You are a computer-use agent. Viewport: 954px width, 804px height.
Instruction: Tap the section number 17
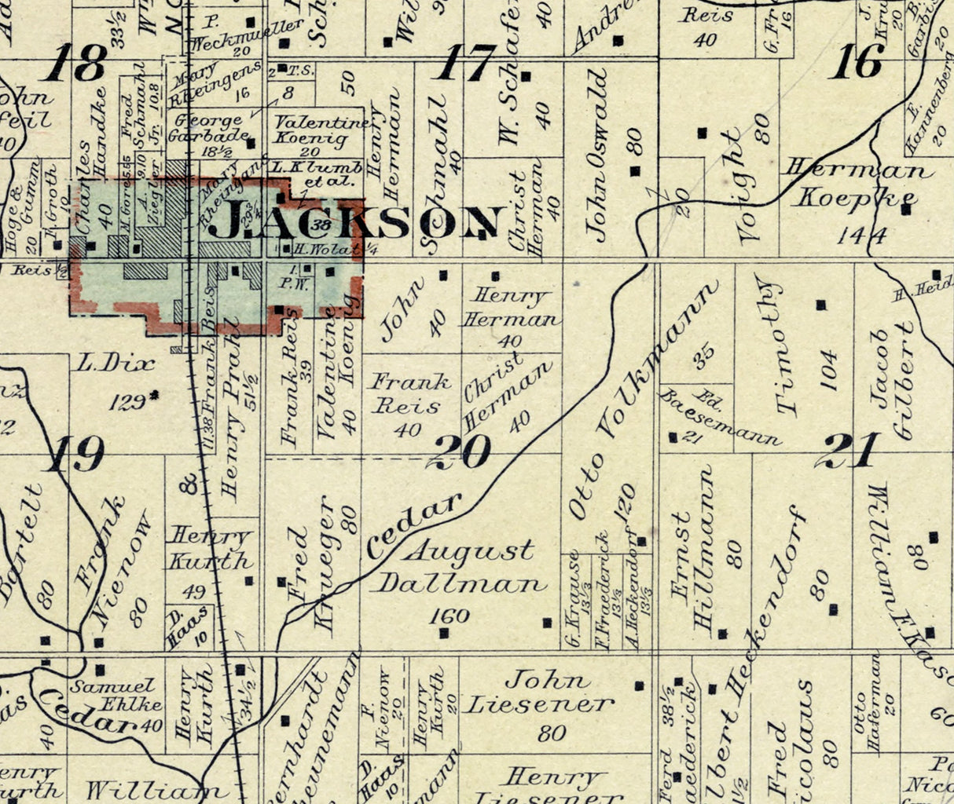469,63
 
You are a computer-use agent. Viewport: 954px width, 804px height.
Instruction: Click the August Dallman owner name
461,566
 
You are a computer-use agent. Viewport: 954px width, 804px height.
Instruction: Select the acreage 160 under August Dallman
450,616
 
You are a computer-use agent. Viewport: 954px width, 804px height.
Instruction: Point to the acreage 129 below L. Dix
127,402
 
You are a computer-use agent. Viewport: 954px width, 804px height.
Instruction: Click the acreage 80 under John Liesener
552,733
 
